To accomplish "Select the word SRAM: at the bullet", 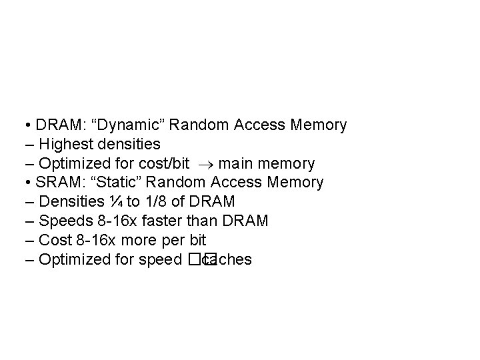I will (57, 182).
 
